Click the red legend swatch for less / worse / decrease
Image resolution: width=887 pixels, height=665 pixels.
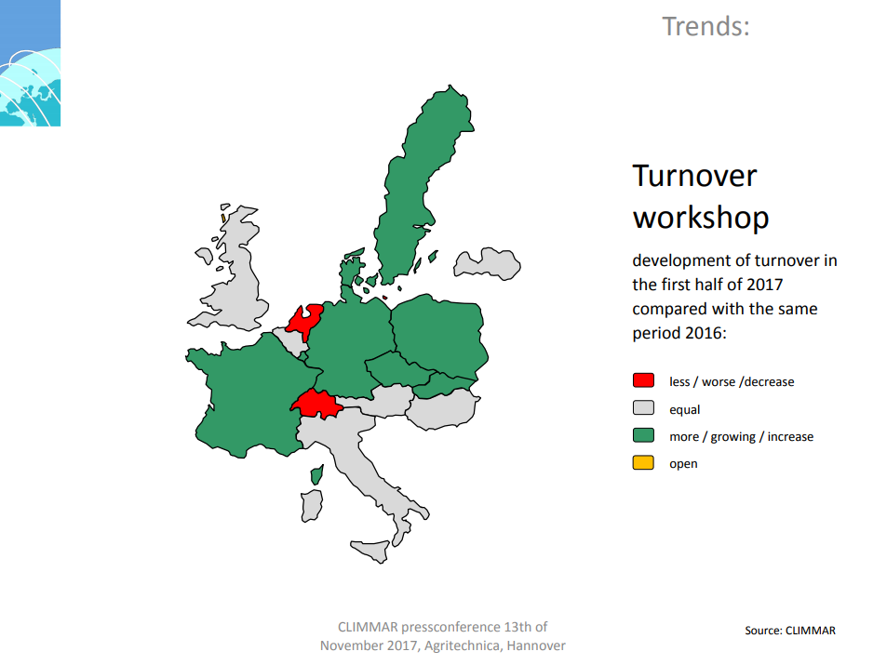643,380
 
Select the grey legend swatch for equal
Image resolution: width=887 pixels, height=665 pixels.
643,407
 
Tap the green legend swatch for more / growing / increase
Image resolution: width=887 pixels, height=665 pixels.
643,435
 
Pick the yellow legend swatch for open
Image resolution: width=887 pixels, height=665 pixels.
643,462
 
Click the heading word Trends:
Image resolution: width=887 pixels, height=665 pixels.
706,26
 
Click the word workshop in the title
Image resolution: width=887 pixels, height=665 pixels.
701,217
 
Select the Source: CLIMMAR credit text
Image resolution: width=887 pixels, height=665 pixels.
789,631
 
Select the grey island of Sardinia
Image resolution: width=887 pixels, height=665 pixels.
312,505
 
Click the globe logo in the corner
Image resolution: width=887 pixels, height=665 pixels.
30,62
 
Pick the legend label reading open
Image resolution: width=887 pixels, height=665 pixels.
683,464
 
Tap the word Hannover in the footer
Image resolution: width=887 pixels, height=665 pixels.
536,645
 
